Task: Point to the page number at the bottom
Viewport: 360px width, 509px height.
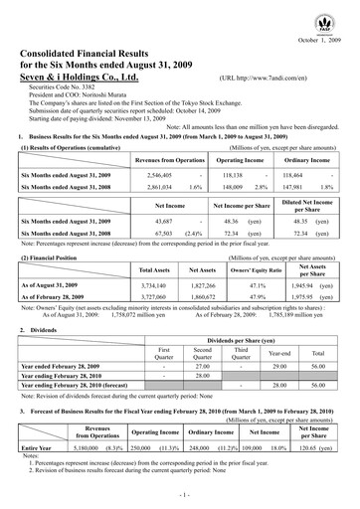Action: click(180, 494)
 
